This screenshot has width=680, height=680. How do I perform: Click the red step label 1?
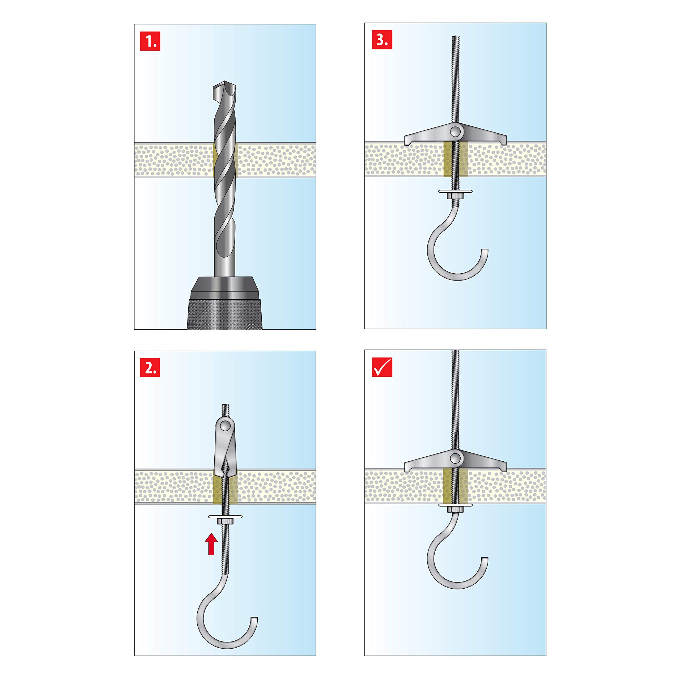tap(150, 41)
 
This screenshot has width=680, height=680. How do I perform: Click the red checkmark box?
tap(382, 367)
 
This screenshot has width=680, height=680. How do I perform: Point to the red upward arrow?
tap(211, 544)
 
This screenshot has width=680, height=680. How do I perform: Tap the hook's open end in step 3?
tap(485, 250)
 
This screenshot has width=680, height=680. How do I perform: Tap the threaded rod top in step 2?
tap(225, 406)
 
